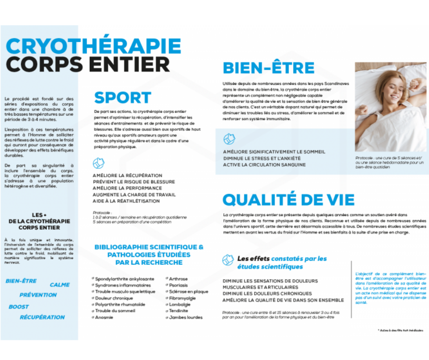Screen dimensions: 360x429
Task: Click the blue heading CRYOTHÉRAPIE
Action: (94, 46)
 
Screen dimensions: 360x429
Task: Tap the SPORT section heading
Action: (123, 97)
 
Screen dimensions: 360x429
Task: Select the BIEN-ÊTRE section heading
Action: (269, 68)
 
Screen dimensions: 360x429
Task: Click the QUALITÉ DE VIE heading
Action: (288, 199)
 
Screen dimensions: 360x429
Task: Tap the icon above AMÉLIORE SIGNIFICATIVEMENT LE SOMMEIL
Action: (229, 139)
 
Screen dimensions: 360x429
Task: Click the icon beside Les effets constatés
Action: (228, 260)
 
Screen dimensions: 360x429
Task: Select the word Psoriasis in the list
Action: (178, 285)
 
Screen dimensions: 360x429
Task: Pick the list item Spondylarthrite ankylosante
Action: (125, 279)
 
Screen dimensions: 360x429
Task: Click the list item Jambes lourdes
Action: (185, 318)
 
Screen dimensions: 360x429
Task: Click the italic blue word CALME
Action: (60, 285)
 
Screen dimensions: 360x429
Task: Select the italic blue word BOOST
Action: (19, 307)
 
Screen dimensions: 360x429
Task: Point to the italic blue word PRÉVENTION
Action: (38, 295)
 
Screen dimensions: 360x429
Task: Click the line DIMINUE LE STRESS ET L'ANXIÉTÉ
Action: (262, 159)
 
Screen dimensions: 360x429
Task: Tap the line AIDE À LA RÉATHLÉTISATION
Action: (126, 201)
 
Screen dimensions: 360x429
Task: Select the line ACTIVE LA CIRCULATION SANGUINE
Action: (264, 165)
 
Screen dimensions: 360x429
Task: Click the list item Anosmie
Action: (104, 318)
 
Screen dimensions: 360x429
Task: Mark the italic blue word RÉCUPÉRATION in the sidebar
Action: (42, 318)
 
